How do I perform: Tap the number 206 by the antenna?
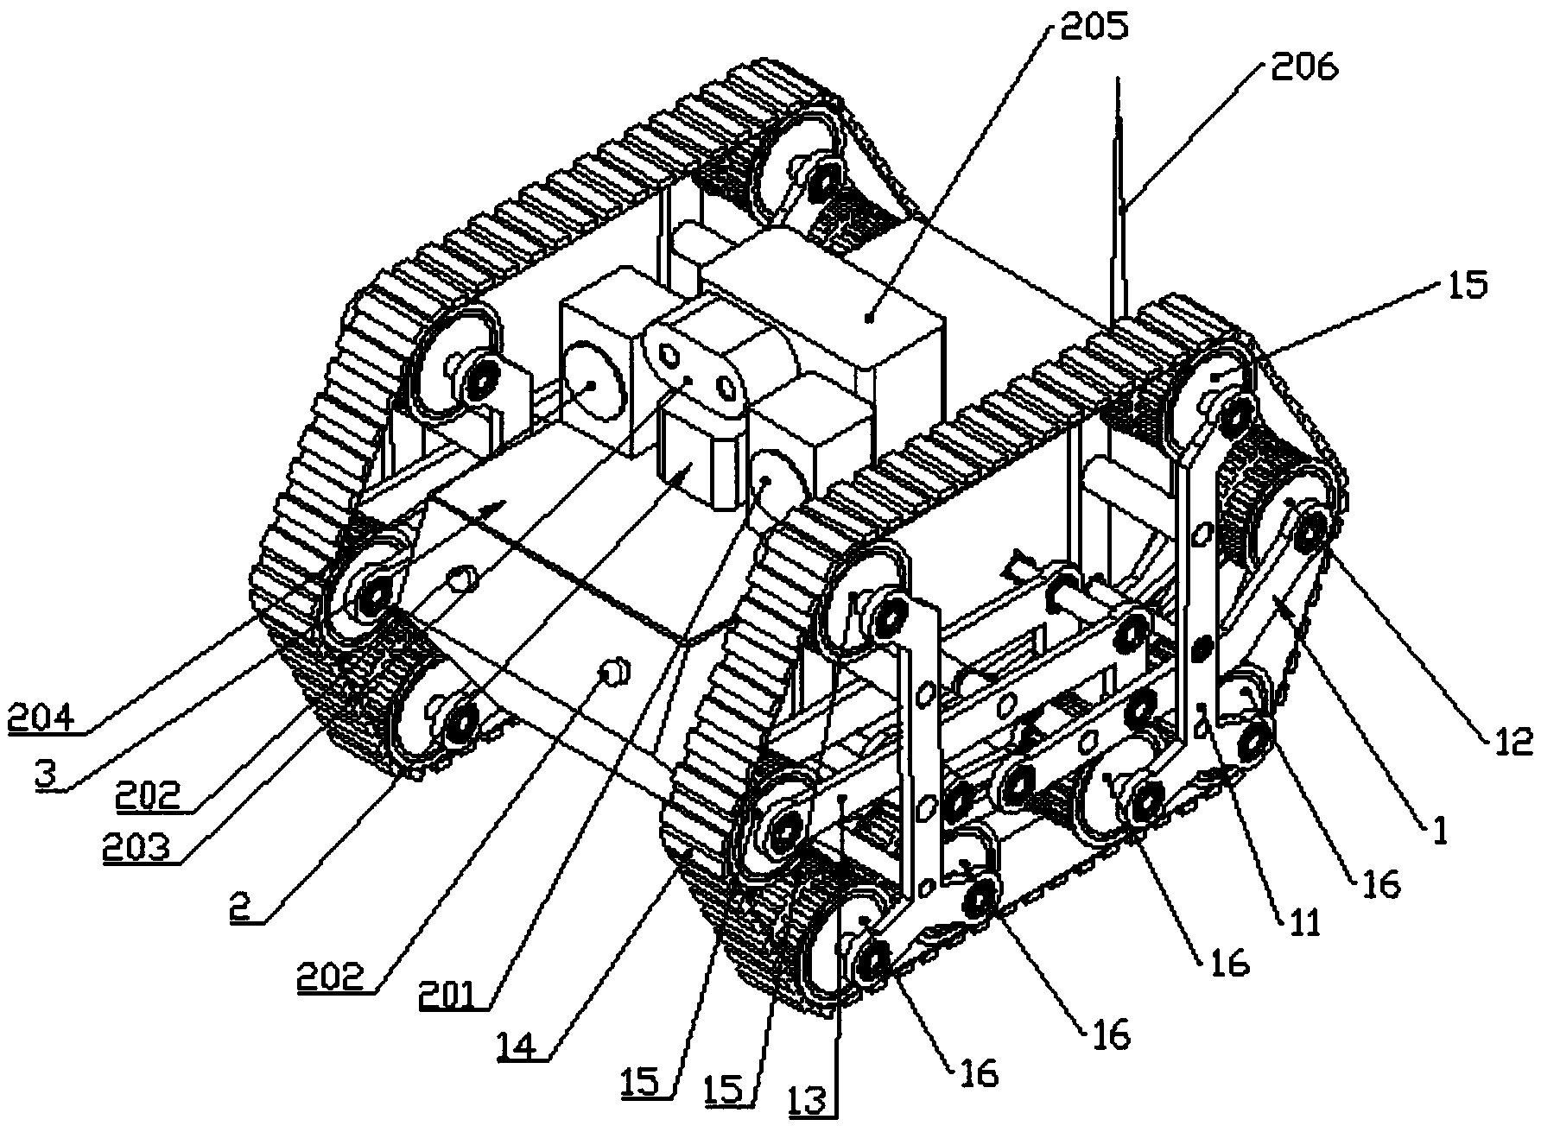coord(1304,66)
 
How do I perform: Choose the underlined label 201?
coord(449,995)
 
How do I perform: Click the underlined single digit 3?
coord(48,773)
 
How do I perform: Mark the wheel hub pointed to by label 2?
coord(461,718)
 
